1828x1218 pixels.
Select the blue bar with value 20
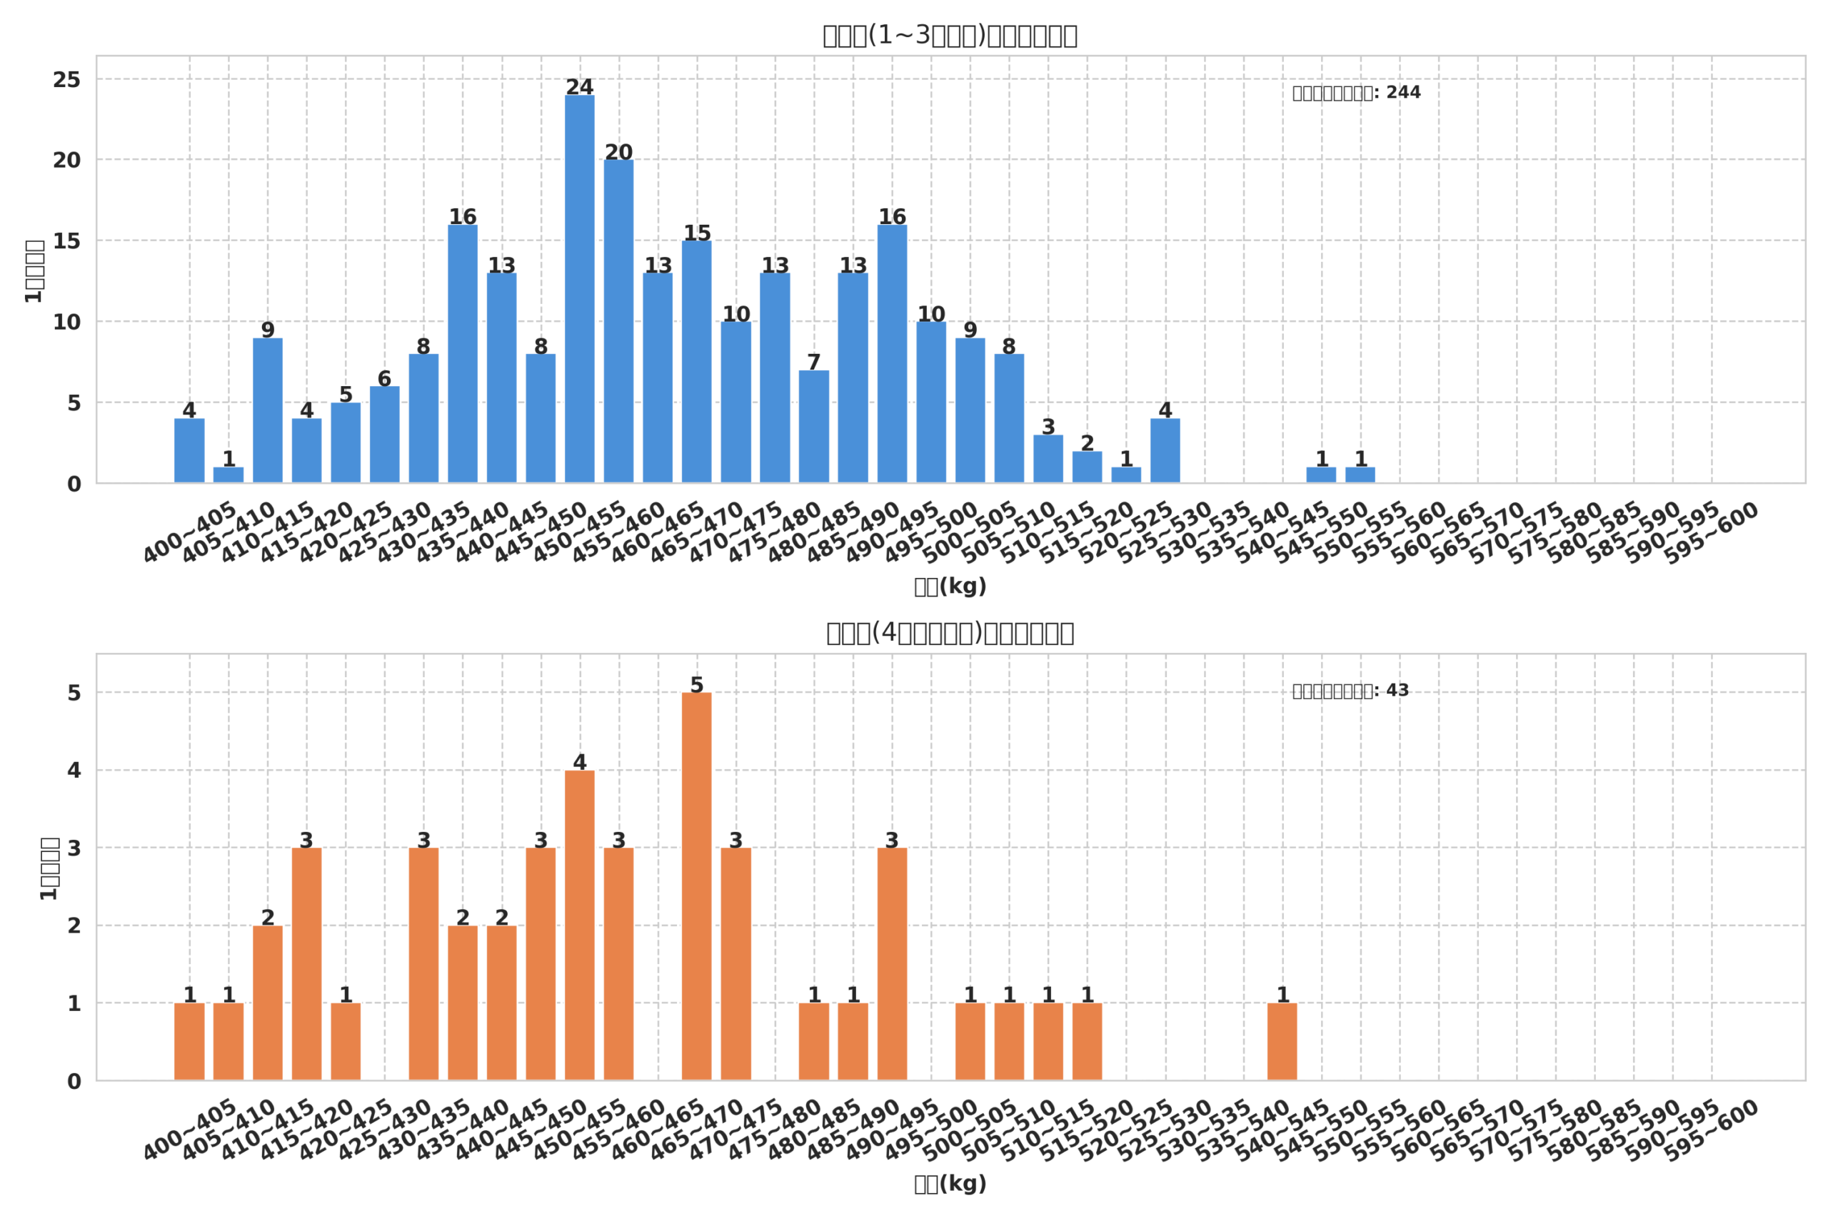[618, 322]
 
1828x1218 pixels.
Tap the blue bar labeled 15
[696, 362]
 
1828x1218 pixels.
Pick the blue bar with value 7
[814, 427]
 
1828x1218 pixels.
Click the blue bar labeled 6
[384, 435]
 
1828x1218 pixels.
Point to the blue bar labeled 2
[1087, 467]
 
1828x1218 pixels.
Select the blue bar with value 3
[1048, 459]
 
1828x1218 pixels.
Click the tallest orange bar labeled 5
[696, 885]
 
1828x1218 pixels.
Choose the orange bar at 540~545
[1282, 1041]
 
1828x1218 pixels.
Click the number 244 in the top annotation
[1403, 93]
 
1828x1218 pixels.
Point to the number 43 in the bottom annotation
[1397, 691]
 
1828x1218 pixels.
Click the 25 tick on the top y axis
[67, 80]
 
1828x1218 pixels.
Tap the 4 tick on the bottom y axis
[74, 771]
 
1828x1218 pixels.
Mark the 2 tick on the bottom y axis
[74, 926]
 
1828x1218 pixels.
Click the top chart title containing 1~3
[950, 36]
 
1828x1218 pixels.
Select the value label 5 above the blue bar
[345, 395]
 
